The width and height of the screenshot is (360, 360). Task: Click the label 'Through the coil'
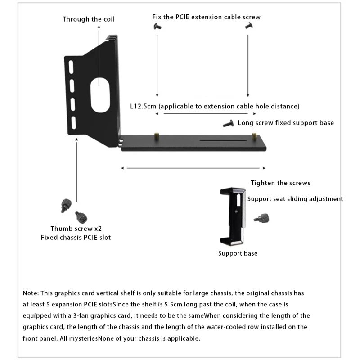89,19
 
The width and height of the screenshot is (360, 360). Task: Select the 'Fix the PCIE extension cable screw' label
207,17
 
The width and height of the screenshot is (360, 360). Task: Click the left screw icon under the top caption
157,27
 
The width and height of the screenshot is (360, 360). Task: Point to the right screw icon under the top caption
248,27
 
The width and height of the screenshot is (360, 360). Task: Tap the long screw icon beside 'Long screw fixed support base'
229,123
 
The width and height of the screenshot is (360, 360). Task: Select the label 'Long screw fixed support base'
286,122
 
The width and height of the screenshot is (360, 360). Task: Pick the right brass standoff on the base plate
255,135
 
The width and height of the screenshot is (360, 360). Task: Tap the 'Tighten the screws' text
280,183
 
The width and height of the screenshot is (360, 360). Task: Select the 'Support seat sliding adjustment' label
295,198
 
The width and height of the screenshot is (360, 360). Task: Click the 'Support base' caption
238,253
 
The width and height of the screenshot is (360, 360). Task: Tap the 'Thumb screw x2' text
76,229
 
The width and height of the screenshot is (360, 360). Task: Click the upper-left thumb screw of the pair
64,205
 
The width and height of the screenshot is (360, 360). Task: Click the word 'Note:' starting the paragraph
31,293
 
